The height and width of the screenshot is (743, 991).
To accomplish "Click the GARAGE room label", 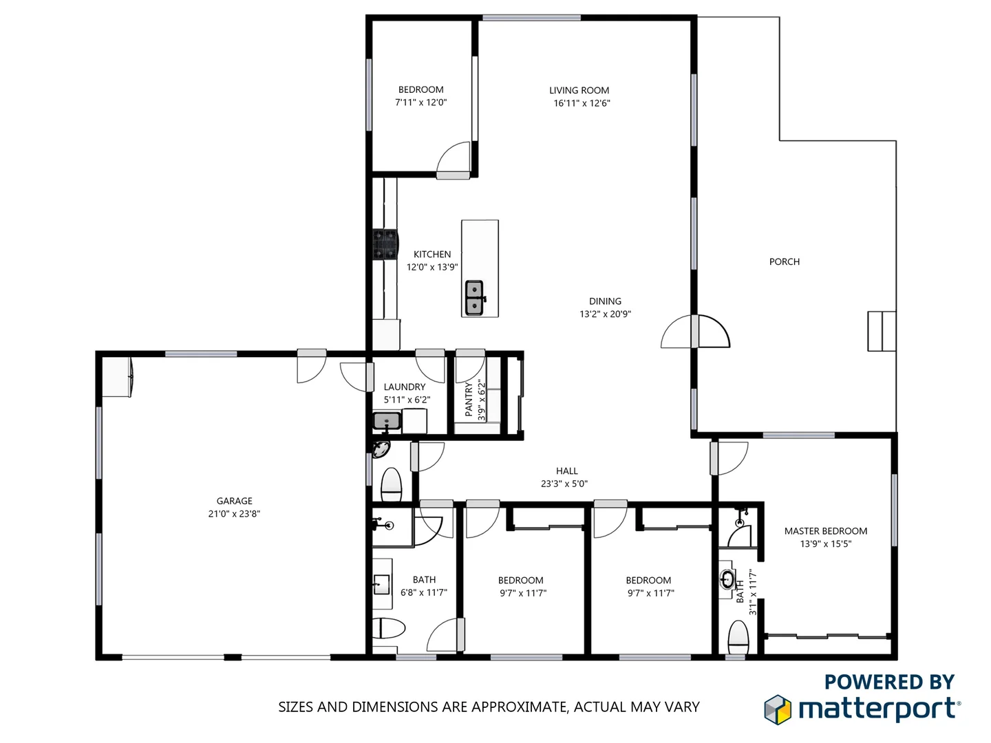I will click(234, 501).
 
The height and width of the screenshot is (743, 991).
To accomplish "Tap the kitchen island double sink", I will click(474, 297).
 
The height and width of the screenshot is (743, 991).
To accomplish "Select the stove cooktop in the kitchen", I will click(385, 244).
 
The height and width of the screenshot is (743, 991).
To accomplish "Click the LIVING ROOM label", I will click(579, 90).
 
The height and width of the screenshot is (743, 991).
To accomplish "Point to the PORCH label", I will click(784, 261).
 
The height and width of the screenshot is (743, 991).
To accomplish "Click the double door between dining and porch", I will click(695, 332).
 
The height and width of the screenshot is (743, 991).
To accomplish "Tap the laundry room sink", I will click(387, 421).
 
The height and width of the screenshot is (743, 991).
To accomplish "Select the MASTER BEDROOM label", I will click(825, 531).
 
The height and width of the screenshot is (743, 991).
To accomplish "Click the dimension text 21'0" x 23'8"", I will click(234, 514).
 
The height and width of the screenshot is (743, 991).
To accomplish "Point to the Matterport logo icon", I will click(778, 709).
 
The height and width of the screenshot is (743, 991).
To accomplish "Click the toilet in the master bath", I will click(738, 638).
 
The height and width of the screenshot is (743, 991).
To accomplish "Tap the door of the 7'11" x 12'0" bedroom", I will click(454, 160).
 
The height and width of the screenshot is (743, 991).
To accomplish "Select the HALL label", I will click(566, 471).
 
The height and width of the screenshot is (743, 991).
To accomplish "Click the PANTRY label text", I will click(469, 399).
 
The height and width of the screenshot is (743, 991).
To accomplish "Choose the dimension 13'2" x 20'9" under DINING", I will click(605, 314).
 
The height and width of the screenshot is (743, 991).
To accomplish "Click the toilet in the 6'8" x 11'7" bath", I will click(389, 628).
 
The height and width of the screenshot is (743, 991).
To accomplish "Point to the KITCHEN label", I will click(432, 255).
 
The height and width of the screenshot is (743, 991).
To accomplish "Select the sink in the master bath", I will click(727, 579).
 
